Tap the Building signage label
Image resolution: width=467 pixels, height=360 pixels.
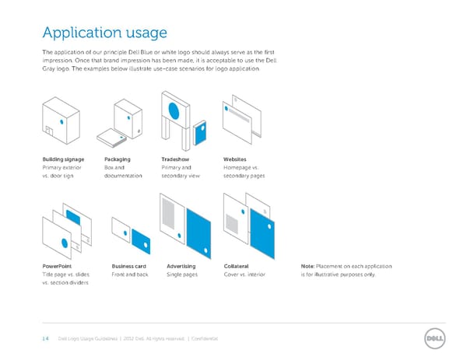point(64,159)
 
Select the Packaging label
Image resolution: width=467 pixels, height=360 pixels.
point(117,159)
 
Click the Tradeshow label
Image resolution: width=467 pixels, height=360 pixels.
point(175,159)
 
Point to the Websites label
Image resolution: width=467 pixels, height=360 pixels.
point(235,159)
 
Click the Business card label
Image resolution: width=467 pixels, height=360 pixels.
point(129,267)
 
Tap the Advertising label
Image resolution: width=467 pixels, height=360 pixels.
point(181,267)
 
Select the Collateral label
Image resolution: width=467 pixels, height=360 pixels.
point(237,267)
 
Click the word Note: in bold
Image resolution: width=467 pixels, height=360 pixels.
point(307,267)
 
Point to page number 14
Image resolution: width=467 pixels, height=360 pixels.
point(45,339)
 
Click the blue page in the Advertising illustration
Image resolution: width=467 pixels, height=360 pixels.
point(198,234)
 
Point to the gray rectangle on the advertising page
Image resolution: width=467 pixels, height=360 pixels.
point(168,210)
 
